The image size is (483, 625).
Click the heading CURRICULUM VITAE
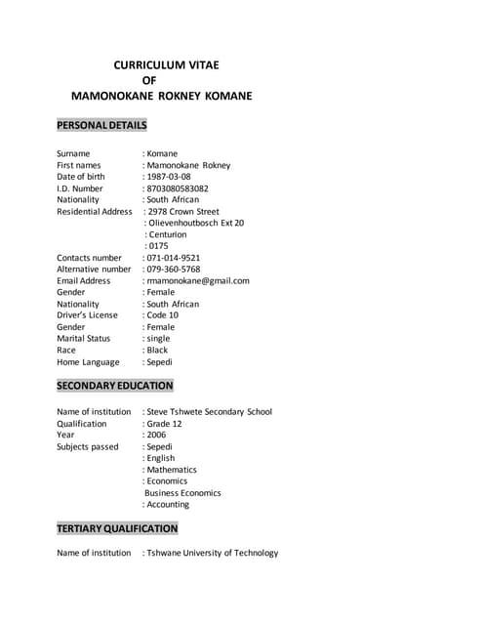pos(167,64)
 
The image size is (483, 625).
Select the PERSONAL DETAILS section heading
pos(101,126)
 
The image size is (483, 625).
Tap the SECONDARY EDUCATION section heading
pos(114,386)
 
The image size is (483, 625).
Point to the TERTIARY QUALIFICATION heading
pos(117,528)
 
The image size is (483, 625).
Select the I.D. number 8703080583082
pos(178,188)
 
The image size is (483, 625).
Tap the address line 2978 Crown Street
pos(182,211)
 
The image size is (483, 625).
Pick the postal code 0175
pos(158,246)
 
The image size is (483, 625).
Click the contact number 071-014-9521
pos(174,258)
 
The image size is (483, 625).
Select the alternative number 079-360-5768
pos(174,269)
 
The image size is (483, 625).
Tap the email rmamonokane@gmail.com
pos(198,280)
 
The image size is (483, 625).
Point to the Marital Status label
pos(84,338)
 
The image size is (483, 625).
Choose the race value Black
pos(158,350)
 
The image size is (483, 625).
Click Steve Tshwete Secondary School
pos(209,412)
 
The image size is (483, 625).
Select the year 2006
pos(156,435)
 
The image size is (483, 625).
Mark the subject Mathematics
pos(171,470)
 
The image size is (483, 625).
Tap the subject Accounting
pos(168,505)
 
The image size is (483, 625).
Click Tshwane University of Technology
pos(212,553)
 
